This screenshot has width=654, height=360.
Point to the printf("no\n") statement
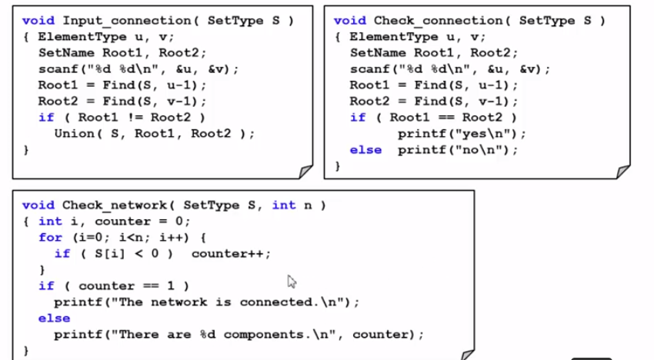coord(458,149)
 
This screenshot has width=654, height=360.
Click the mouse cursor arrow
coord(292,281)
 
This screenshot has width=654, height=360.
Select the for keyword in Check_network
coord(50,237)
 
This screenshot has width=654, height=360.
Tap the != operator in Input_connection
coord(133,117)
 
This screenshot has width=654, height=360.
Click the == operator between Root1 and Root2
coord(445,117)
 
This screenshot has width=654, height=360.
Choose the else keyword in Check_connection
coord(365,149)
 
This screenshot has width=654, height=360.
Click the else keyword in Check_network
coord(54,318)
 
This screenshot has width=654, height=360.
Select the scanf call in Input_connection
coord(138,68)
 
